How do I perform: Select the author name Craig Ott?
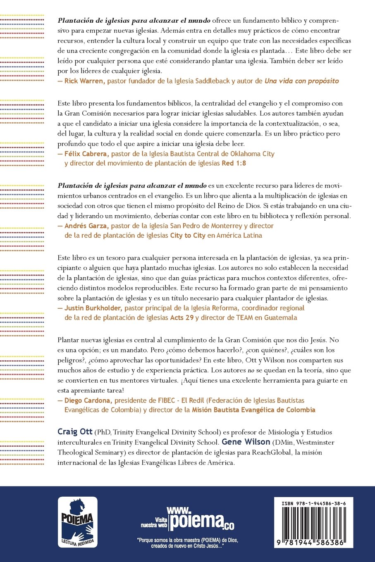click(75, 432)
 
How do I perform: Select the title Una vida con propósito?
click(301, 81)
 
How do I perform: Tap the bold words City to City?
click(188, 235)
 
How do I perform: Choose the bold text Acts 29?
click(182, 318)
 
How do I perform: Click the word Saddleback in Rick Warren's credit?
click(211, 81)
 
